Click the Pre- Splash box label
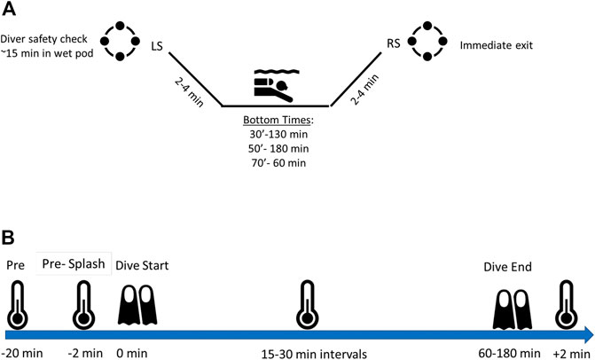click(x=75, y=262)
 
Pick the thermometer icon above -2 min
click(x=83, y=306)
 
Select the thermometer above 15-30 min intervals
click(x=307, y=305)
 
